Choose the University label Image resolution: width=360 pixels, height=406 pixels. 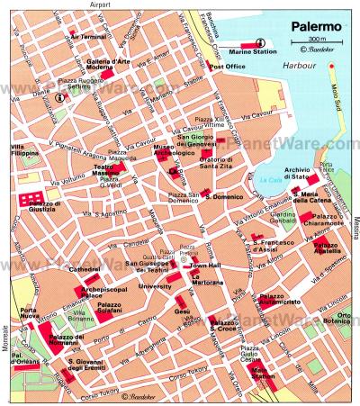pos(155,285)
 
